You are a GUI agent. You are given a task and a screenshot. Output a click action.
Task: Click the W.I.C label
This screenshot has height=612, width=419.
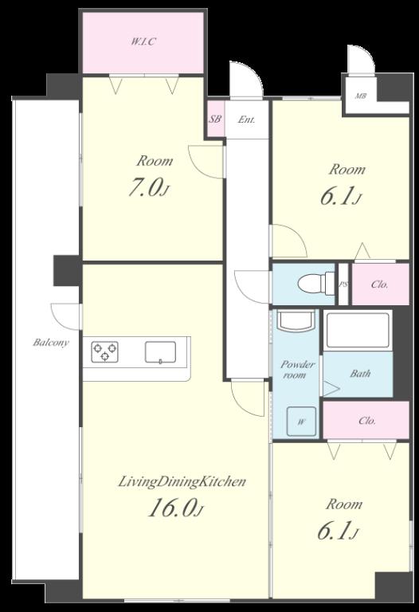click(143, 41)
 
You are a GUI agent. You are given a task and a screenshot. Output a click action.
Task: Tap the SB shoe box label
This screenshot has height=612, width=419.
click(215, 119)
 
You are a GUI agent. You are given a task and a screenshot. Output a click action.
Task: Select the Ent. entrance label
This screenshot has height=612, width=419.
click(247, 120)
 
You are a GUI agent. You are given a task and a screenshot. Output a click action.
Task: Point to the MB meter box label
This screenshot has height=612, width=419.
click(361, 96)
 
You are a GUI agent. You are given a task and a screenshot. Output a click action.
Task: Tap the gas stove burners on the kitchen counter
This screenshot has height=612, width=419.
click(105, 351)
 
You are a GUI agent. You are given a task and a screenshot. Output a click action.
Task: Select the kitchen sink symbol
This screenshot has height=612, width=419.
click(160, 352)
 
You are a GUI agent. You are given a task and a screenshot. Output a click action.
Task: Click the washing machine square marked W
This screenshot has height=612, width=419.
click(302, 421)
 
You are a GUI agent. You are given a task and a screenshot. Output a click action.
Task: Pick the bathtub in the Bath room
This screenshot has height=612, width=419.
click(358, 330)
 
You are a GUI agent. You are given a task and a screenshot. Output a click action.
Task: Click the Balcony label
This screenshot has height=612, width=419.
click(51, 343)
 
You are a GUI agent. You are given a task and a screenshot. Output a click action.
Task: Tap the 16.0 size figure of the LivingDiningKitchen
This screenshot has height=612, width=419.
click(175, 508)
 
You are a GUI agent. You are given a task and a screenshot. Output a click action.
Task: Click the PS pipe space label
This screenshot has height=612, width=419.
click(343, 284)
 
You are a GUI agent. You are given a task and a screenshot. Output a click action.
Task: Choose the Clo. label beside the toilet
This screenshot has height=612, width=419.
click(380, 284)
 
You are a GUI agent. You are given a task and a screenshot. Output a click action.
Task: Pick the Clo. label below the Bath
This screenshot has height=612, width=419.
click(367, 421)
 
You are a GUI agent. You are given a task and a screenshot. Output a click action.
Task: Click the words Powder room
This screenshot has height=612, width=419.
click(298, 370)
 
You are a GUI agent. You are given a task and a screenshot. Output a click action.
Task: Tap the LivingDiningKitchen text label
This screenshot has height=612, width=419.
click(182, 482)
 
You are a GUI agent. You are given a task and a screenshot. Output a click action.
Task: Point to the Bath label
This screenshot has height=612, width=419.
click(360, 374)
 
